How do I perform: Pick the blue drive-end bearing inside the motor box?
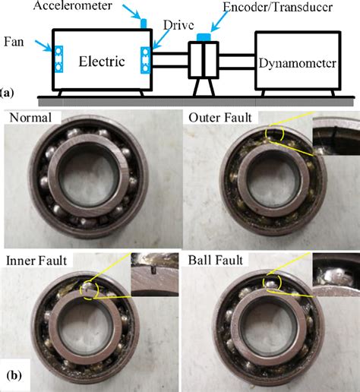145,59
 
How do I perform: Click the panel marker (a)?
7,93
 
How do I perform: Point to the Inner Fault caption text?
36,261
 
